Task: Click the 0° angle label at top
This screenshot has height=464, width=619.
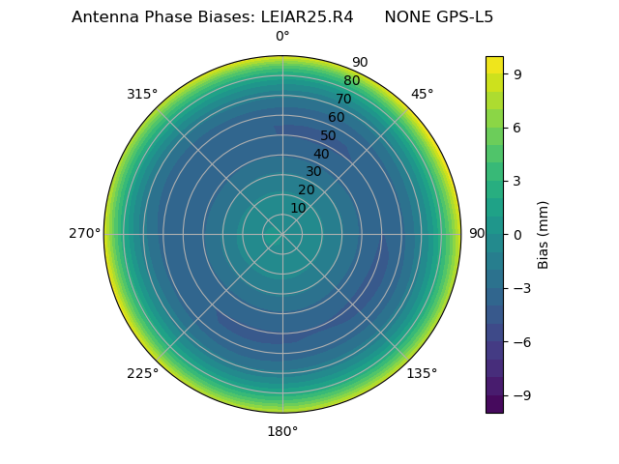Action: (282, 37)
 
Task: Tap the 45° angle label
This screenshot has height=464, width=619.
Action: (422, 94)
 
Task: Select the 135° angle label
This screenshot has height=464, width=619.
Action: (422, 373)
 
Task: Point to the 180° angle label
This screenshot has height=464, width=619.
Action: (282, 431)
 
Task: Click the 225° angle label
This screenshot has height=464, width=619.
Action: (142, 373)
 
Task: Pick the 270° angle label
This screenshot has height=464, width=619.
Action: (84, 234)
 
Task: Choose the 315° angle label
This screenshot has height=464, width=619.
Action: (142, 94)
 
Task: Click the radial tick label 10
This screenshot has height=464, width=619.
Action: (298, 208)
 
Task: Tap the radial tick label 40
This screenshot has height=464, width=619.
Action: (321, 154)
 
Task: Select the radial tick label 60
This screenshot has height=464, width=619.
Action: (337, 117)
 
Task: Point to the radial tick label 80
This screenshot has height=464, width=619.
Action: (352, 80)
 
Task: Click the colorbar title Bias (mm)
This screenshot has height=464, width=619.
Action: (544, 234)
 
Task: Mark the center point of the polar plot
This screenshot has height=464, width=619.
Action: (282, 234)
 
